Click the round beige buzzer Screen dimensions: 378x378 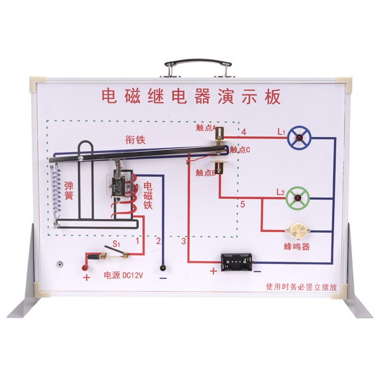point(296,230)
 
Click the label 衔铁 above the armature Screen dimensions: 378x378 point(135,140)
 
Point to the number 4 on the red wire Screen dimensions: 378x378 point(244,133)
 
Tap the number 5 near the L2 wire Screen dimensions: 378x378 point(242,205)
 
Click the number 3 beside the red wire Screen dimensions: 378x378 point(184,241)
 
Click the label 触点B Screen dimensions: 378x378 point(206,173)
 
